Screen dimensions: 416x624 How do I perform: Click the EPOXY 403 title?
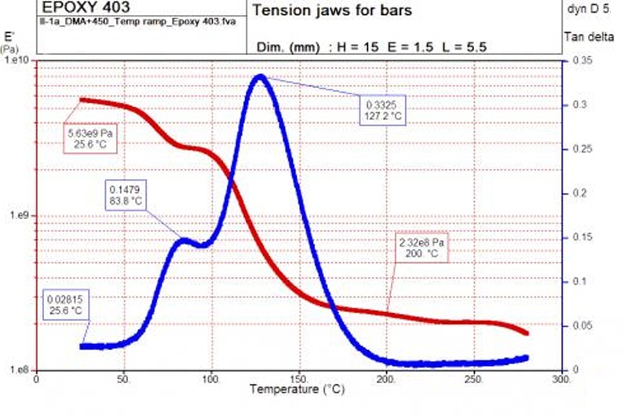[86, 9]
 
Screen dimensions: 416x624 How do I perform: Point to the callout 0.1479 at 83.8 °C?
[125, 194]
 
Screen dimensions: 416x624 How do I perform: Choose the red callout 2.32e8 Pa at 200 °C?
[421, 250]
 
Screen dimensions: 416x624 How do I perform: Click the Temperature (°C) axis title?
[295, 389]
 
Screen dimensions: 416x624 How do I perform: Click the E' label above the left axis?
[10, 36]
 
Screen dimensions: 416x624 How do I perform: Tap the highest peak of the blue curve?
[260, 75]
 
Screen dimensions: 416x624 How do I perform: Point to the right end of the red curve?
[526, 333]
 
